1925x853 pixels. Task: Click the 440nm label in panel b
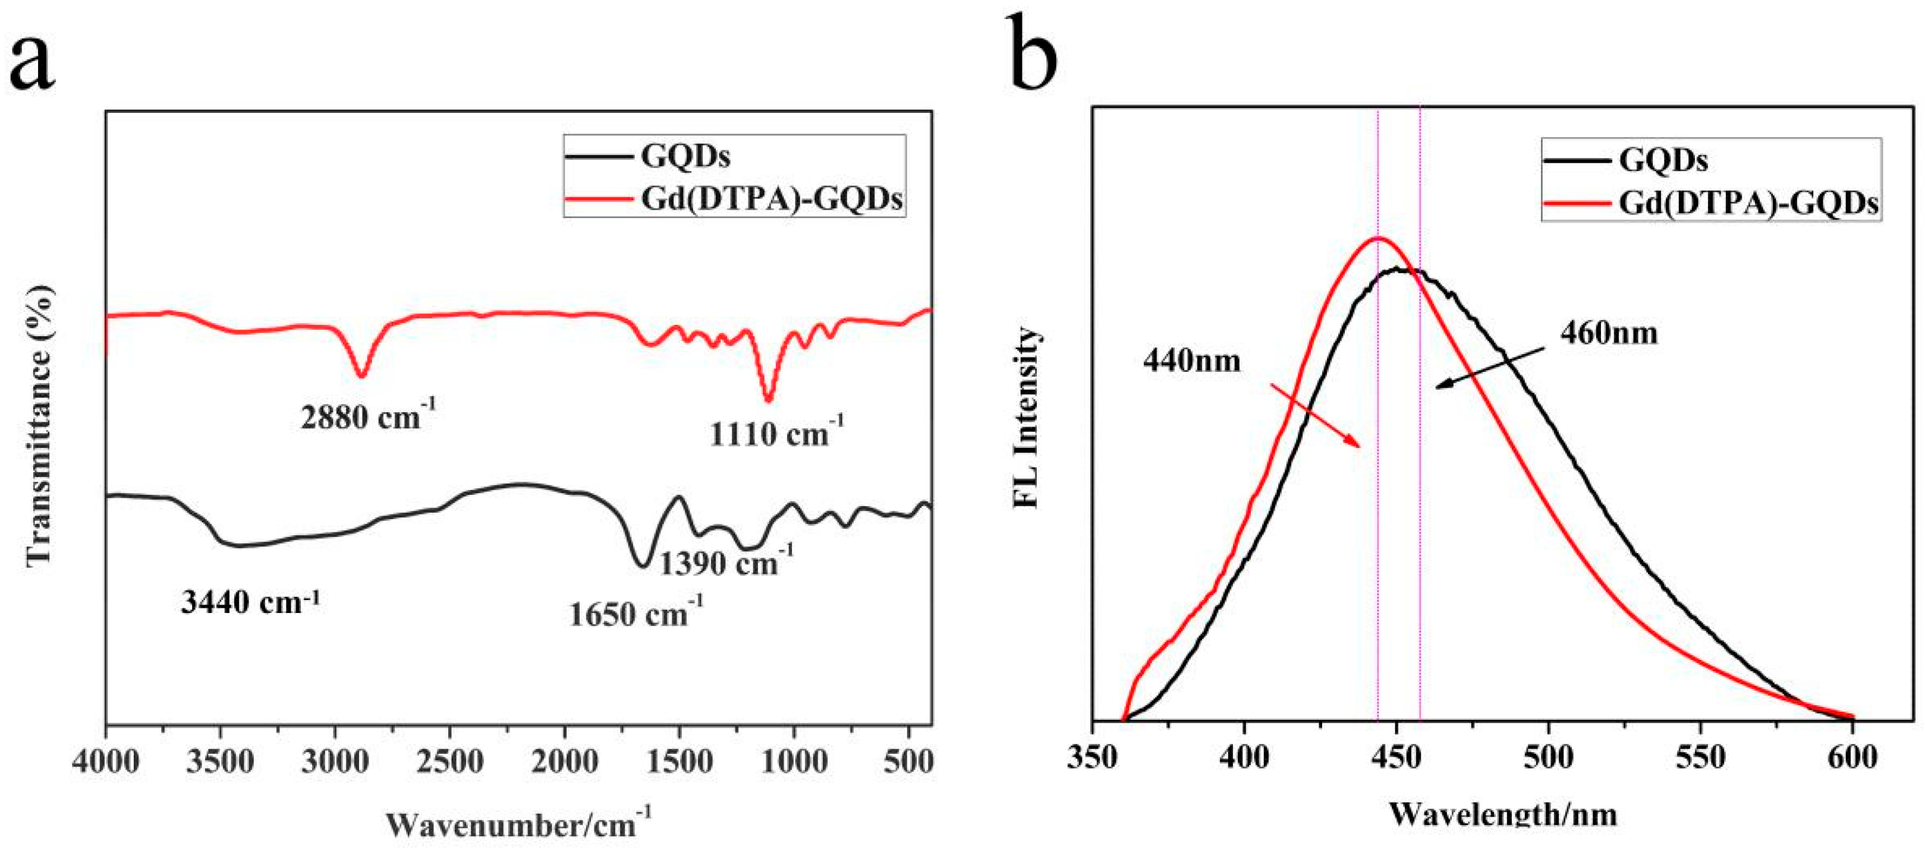point(1191,362)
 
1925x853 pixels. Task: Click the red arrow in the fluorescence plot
point(1315,415)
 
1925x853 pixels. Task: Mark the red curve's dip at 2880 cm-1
point(361,375)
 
